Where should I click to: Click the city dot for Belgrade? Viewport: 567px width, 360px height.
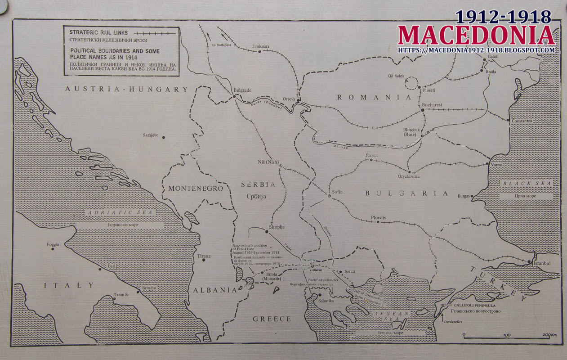[x=234, y=96]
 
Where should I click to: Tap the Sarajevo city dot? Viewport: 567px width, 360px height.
[x=163, y=137]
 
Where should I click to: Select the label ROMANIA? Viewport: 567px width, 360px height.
[x=374, y=97]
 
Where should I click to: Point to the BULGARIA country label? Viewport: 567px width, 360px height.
[x=406, y=193]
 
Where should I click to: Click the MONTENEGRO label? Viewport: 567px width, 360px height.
[x=196, y=189]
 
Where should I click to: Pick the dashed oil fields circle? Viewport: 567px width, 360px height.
[x=411, y=83]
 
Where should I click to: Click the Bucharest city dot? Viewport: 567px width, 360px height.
[x=422, y=110]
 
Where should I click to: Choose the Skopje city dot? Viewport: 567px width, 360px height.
[x=267, y=232]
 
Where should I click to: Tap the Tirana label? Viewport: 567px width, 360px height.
[x=204, y=256]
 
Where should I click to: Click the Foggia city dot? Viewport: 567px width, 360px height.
[x=53, y=249]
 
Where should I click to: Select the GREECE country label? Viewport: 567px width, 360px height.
[x=272, y=319]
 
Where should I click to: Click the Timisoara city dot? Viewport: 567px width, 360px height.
[x=259, y=51]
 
